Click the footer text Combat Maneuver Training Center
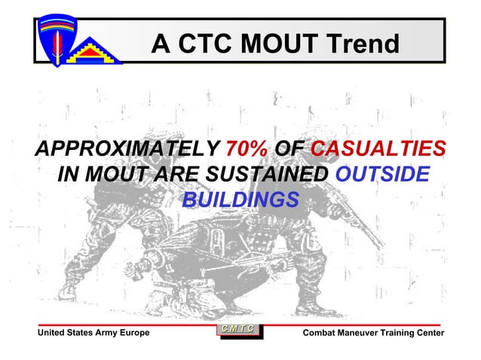point(372,333)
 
